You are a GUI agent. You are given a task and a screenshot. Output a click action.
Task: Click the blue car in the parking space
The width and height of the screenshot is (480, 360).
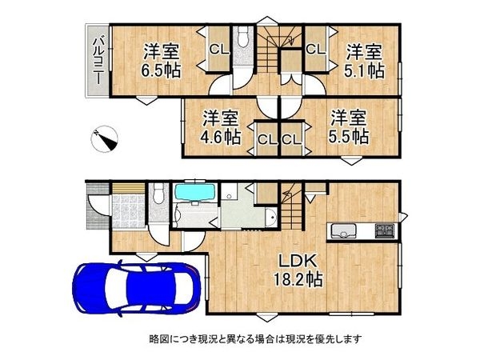(x=136, y=288)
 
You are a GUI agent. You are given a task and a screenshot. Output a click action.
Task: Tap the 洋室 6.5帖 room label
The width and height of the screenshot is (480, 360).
(x=161, y=61)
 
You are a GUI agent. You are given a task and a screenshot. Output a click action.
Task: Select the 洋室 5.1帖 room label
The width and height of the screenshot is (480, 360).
(x=364, y=61)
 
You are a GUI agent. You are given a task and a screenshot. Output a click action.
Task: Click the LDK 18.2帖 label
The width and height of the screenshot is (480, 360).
(x=300, y=270)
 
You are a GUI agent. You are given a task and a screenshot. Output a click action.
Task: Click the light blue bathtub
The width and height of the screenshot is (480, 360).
(x=190, y=193)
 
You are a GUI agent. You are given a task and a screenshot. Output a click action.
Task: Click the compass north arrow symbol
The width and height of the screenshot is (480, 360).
(x=106, y=140)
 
